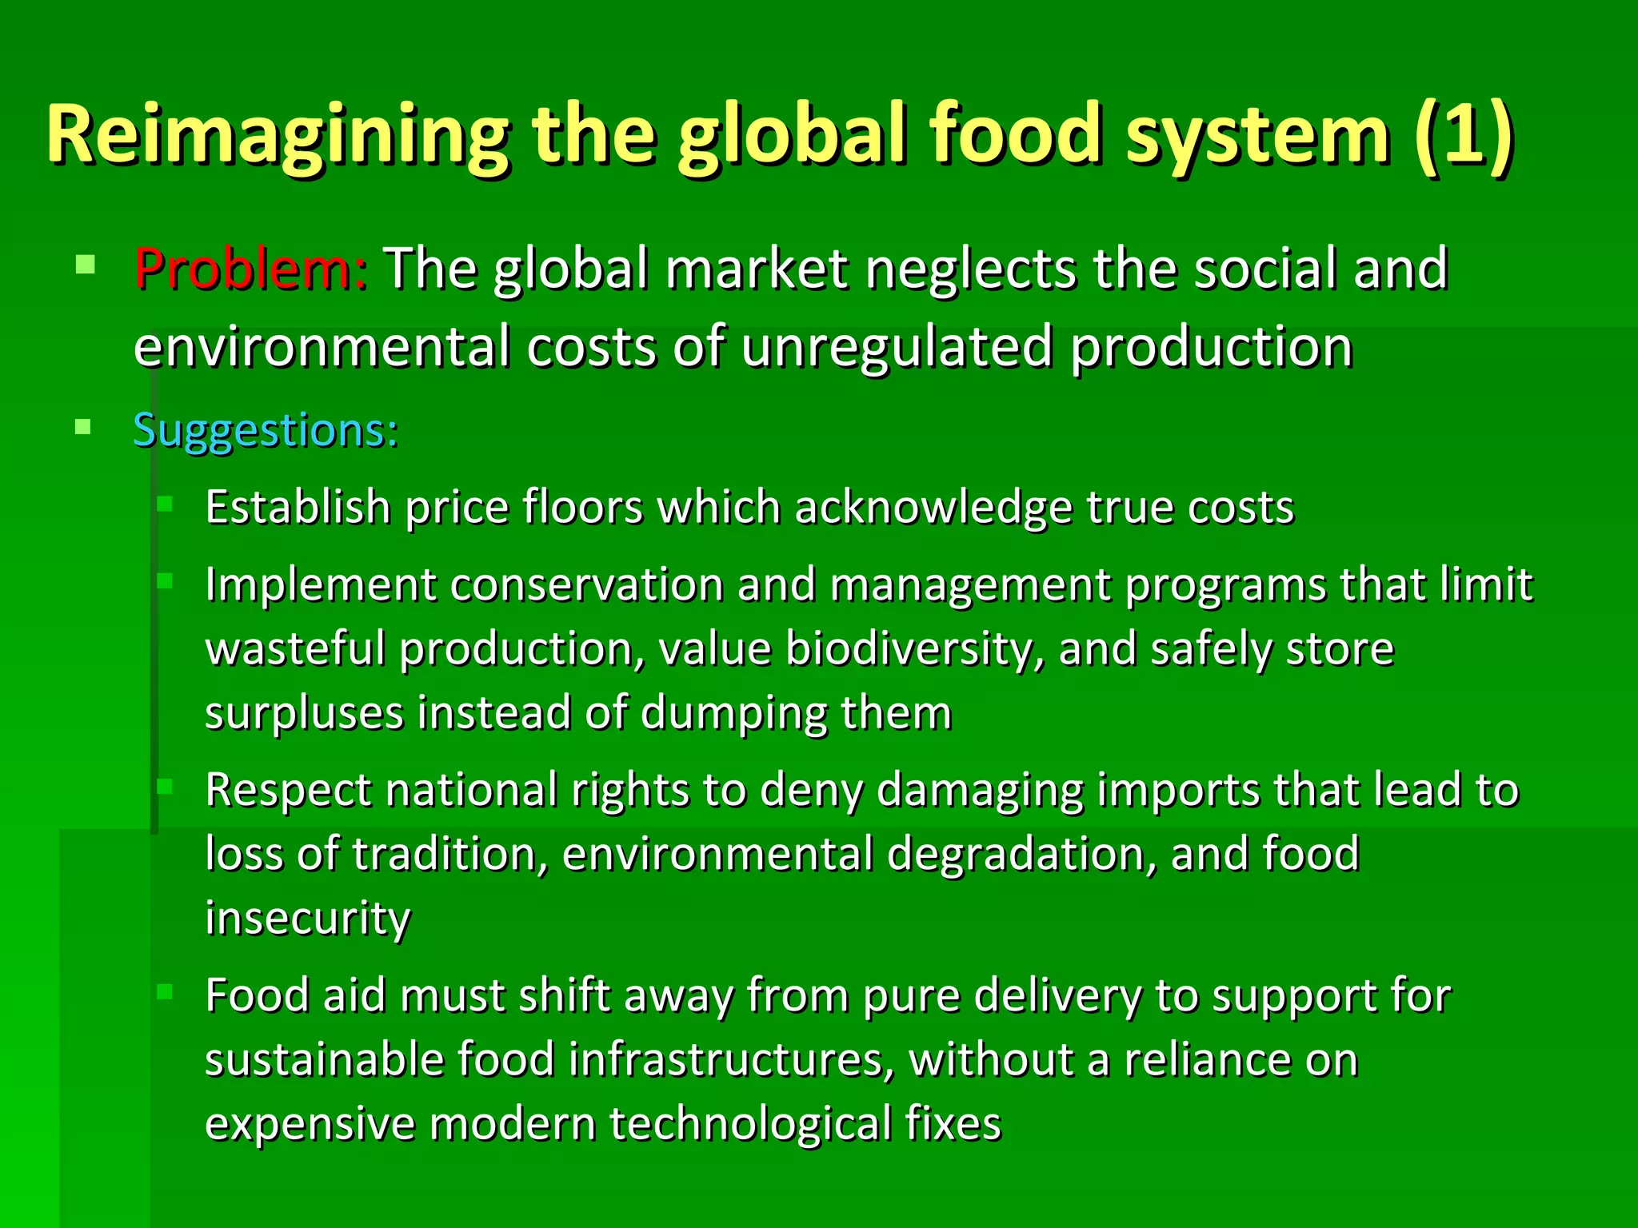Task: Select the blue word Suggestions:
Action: click(266, 432)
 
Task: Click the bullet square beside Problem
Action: click(86, 265)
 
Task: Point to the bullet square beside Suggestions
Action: click(83, 427)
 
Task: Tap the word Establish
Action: click(298, 508)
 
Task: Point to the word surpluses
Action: click(305, 714)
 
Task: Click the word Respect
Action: click(289, 791)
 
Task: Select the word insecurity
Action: click(308, 919)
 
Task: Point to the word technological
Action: click(750, 1124)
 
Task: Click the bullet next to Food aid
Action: click(166, 992)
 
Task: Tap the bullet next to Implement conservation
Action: click(166, 581)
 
